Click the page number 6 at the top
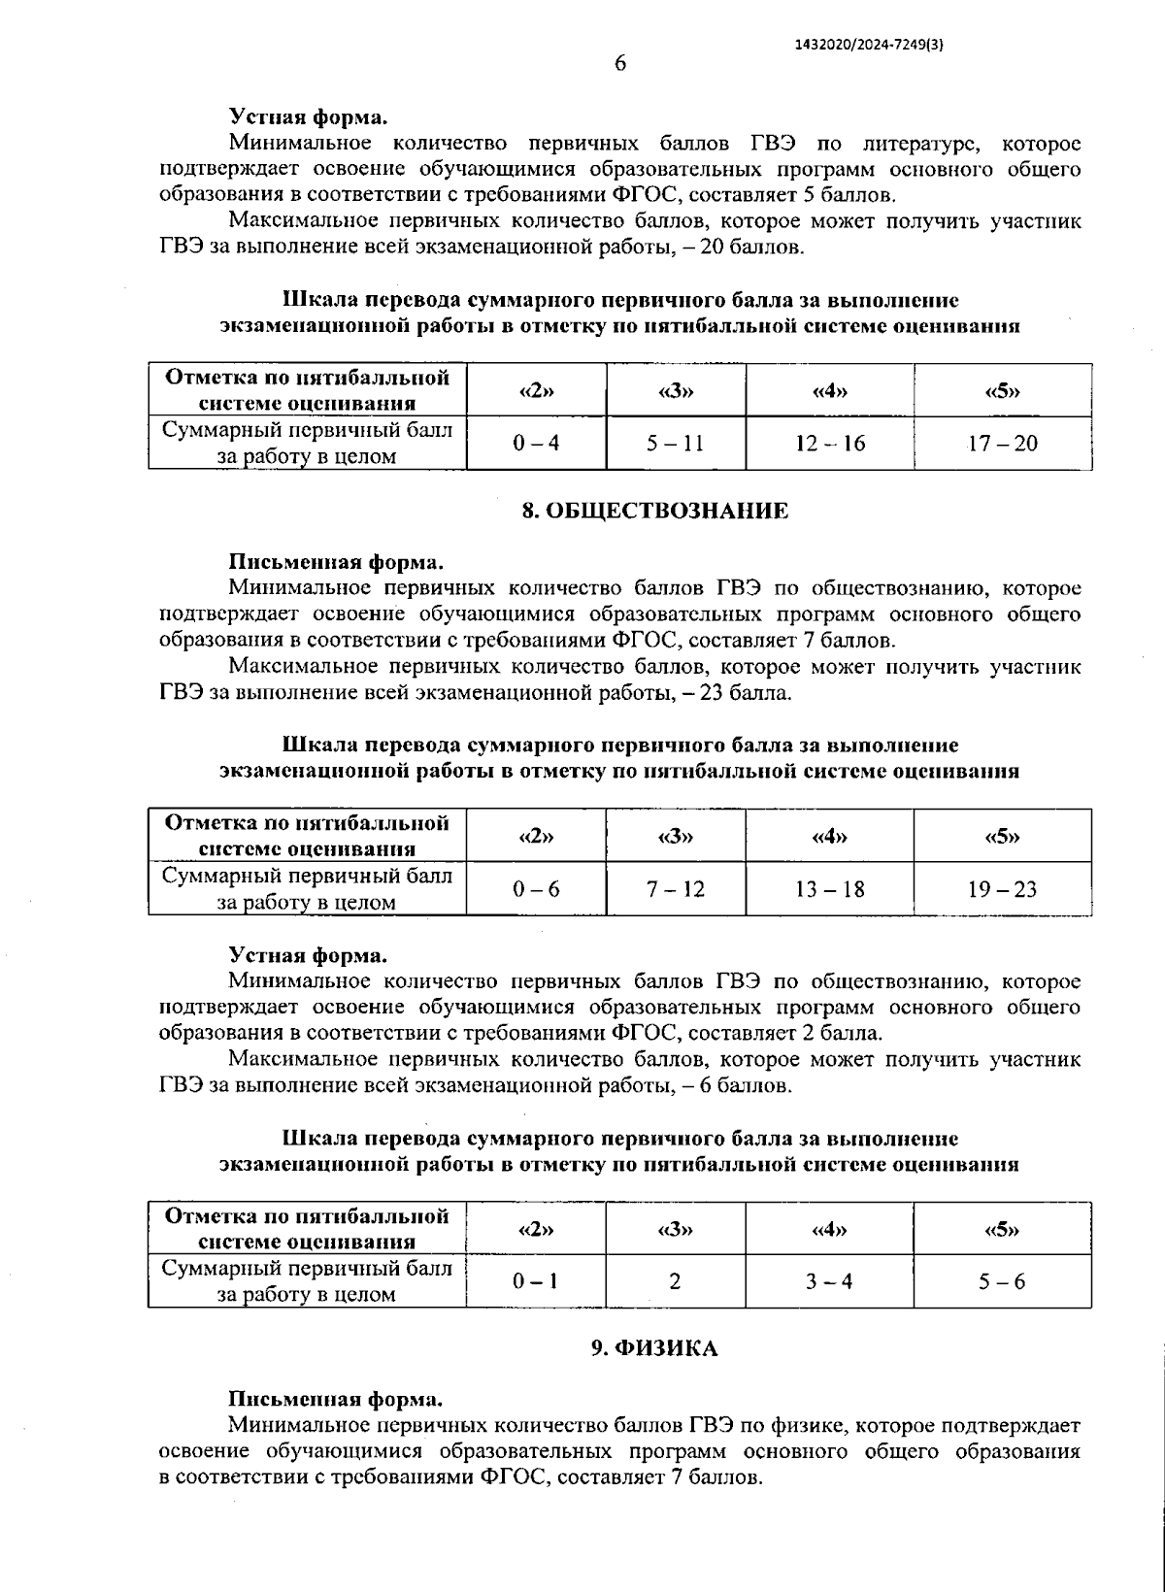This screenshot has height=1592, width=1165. (x=620, y=64)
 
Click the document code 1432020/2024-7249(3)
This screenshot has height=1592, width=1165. (x=869, y=45)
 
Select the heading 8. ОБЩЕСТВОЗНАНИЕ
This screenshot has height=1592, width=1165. (x=655, y=512)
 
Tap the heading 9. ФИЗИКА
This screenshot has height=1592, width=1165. (x=655, y=1348)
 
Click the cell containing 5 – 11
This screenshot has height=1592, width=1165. (x=676, y=444)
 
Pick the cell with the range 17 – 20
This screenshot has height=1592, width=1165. (x=1002, y=444)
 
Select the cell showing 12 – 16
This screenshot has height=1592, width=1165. (x=829, y=444)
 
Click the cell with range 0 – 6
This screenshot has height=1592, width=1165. (x=536, y=889)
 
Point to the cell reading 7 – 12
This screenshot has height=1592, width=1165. (x=676, y=889)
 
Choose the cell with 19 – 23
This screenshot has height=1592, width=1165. (x=1002, y=889)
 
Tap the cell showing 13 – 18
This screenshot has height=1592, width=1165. (x=829, y=889)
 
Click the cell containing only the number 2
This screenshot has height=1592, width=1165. (x=675, y=1281)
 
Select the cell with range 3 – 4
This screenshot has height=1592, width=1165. (x=829, y=1281)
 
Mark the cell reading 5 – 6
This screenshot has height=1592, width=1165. (x=1002, y=1281)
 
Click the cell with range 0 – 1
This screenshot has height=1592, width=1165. (x=536, y=1281)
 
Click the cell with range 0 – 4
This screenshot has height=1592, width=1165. (x=536, y=444)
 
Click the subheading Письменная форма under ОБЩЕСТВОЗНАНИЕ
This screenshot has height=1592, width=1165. (x=336, y=562)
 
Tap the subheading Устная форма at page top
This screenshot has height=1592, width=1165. (x=308, y=117)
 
